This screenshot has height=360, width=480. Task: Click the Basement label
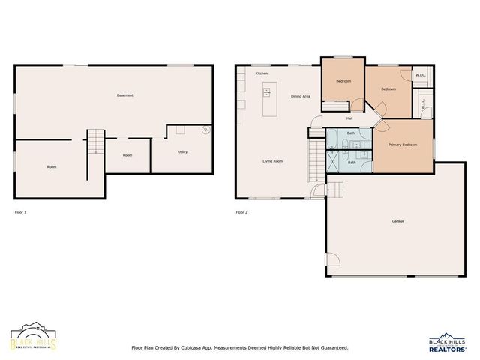[x=125, y=95]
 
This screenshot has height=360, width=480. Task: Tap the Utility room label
[x=182, y=152]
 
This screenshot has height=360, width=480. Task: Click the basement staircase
[x=95, y=142]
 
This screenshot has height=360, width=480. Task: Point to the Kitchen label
[x=262, y=73]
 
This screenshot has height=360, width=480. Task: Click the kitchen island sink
[x=267, y=93]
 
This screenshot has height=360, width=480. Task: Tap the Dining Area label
[x=301, y=97]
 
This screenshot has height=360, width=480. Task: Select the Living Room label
[x=272, y=161]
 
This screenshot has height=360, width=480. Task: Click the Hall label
[x=349, y=118]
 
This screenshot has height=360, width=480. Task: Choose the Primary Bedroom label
[x=403, y=144]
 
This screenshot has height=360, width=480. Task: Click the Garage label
[x=397, y=221]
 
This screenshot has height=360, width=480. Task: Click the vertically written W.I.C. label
[x=423, y=107]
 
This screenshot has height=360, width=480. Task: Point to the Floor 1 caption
[x=20, y=212]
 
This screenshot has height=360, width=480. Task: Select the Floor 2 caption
[x=241, y=212]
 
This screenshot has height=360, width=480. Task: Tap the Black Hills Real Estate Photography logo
[x=33, y=338]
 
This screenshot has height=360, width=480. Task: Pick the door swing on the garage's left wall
[x=332, y=262]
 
